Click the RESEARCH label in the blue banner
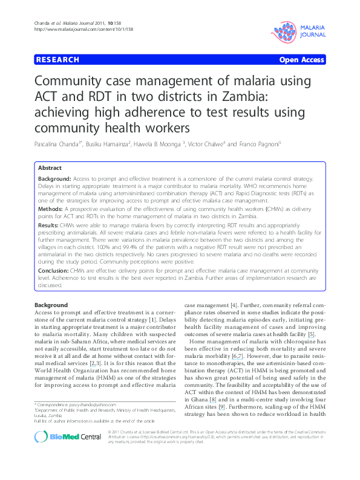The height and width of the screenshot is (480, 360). point(57,60)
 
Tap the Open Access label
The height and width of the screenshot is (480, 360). point(301,60)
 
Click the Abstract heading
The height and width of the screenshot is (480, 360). point(50,167)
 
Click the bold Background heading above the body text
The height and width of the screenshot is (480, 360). point(51,305)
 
